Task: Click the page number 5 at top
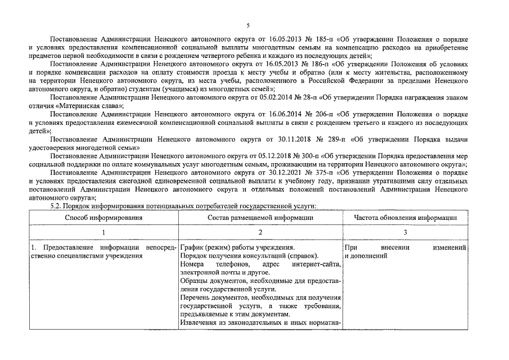(247, 25)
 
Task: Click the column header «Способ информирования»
(103, 217)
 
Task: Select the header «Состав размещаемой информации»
(260, 217)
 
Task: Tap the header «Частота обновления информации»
(404, 217)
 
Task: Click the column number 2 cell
(260, 232)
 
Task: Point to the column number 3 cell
(405, 232)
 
